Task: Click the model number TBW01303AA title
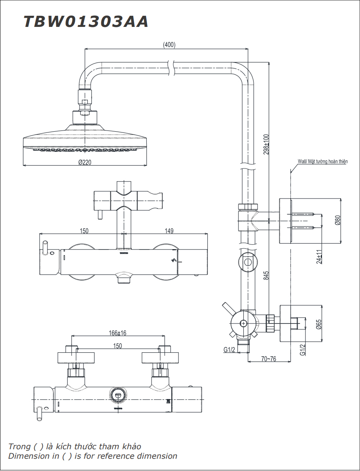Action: (86, 22)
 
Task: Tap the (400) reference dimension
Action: (169, 45)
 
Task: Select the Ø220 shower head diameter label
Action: (85, 162)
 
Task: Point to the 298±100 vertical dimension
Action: (266, 144)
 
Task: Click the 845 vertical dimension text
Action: (266, 276)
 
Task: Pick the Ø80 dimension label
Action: (337, 221)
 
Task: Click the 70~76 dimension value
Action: (269, 359)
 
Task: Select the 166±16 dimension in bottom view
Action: (117, 333)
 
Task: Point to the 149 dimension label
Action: (169, 231)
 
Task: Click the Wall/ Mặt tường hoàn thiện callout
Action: (322, 162)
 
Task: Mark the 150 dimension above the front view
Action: (84, 231)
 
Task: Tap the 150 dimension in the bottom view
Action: (117, 346)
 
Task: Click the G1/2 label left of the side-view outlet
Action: (229, 350)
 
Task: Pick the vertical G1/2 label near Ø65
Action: (302, 350)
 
